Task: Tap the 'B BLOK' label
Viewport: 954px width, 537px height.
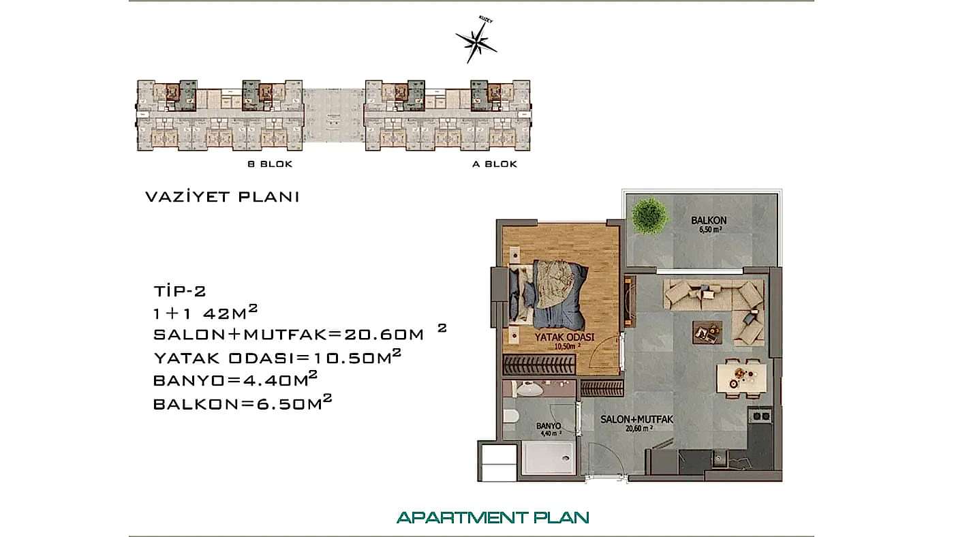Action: point(270,164)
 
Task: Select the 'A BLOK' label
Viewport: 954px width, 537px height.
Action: point(495,164)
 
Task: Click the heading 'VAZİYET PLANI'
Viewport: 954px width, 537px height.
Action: point(223,197)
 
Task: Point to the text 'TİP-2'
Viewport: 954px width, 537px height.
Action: point(179,291)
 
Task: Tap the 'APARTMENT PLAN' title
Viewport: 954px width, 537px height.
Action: point(493,517)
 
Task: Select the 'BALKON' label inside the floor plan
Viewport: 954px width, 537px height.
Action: point(709,221)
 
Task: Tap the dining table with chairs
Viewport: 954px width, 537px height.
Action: point(741,375)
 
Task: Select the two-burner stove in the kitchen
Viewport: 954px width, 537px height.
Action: point(761,416)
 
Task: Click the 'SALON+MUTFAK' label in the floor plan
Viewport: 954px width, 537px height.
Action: point(636,420)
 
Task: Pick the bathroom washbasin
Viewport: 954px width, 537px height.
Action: point(528,390)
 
